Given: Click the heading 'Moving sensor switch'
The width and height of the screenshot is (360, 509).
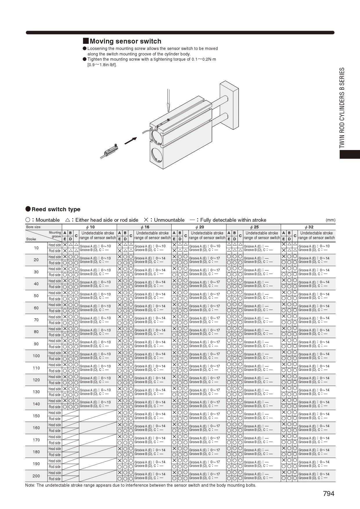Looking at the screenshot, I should [125, 41].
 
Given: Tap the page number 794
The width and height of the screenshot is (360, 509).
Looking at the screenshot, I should [329, 494].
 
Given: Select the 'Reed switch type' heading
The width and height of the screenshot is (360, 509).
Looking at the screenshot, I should [56, 209].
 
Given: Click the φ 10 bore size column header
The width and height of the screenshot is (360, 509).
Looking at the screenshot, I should [89, 227].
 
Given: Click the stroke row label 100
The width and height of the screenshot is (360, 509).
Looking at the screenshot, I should [36, 356].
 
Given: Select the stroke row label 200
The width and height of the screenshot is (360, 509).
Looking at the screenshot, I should [36, 476].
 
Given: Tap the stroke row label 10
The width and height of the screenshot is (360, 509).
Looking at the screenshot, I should [36, 248].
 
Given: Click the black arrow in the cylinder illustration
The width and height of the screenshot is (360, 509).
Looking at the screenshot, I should [130, 141].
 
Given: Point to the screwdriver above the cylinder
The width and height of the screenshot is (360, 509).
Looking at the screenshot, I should [168, 100].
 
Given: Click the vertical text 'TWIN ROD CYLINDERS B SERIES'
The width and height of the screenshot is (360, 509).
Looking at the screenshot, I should [342, 108].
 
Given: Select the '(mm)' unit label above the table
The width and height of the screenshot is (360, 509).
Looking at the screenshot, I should [330, 220].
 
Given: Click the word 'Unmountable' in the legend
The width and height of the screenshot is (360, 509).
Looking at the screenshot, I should [169, 220].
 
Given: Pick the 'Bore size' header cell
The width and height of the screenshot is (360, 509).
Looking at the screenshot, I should [33, 227].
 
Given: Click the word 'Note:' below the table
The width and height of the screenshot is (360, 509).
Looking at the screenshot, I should [30, 485].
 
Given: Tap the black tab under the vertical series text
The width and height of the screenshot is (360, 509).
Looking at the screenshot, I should [350, 154].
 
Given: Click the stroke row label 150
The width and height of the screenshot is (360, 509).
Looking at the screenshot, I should [36, 416].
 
